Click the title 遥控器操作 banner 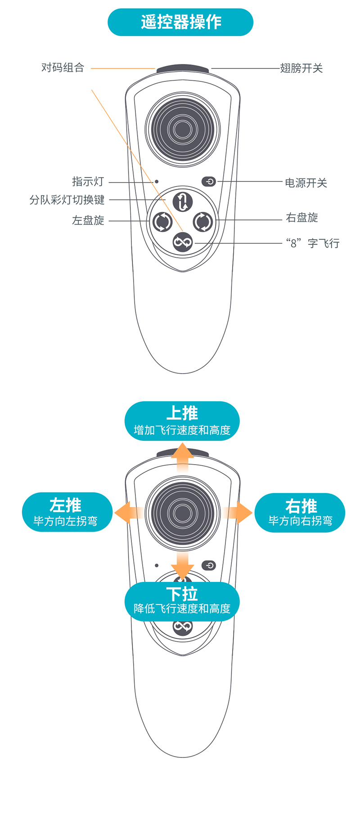180,22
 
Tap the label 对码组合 63,68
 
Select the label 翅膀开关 301,68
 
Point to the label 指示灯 88,182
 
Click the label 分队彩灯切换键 67,200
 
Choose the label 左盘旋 88,220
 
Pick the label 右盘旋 302,218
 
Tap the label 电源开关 306,183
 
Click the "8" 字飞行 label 313,243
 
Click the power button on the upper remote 209,182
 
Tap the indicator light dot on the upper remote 157,182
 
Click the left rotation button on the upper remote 162,222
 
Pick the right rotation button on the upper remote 203,222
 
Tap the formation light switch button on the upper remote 183,201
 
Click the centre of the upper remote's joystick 183,130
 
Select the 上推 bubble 182,421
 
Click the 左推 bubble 67,512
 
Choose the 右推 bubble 300,513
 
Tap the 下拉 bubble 182,601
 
